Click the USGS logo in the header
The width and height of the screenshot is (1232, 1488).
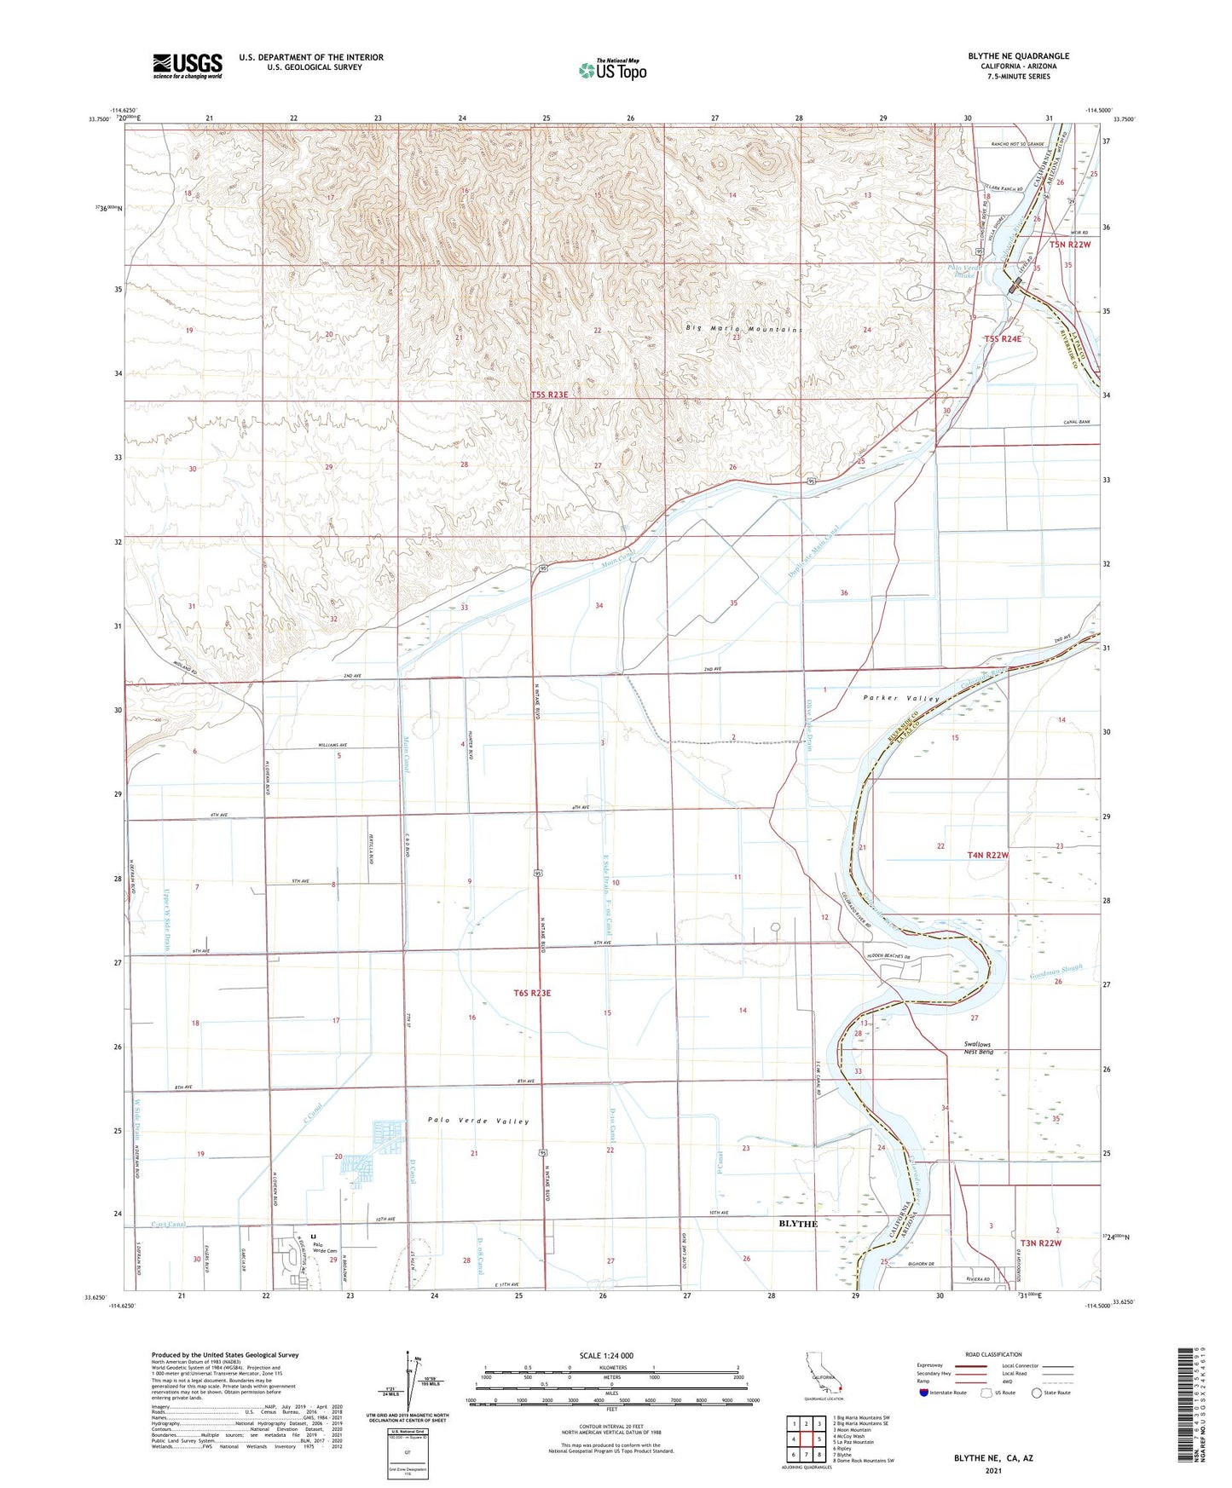tap(188, 66)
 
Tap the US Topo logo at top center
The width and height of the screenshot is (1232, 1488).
tap(612, 70)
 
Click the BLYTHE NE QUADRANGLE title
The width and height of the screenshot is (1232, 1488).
tap(1018, 56)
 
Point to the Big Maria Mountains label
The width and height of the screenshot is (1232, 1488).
tap(744, 329)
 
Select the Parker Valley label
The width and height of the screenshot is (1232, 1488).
tap(901, 698)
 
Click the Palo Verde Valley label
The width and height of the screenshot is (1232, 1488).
tap(478, 1121)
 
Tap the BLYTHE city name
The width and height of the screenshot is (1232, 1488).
tap(797, 1223)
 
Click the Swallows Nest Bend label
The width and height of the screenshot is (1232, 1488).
tap(978, 1047)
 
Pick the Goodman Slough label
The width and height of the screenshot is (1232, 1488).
tap(1056, 972)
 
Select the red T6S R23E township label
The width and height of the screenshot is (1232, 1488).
tap(533, 993)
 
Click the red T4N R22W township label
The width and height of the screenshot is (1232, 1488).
tap(987, 855)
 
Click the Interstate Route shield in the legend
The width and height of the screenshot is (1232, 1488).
tap(925, 1392)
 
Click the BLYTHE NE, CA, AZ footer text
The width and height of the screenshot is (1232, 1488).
tap(992, 1458)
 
